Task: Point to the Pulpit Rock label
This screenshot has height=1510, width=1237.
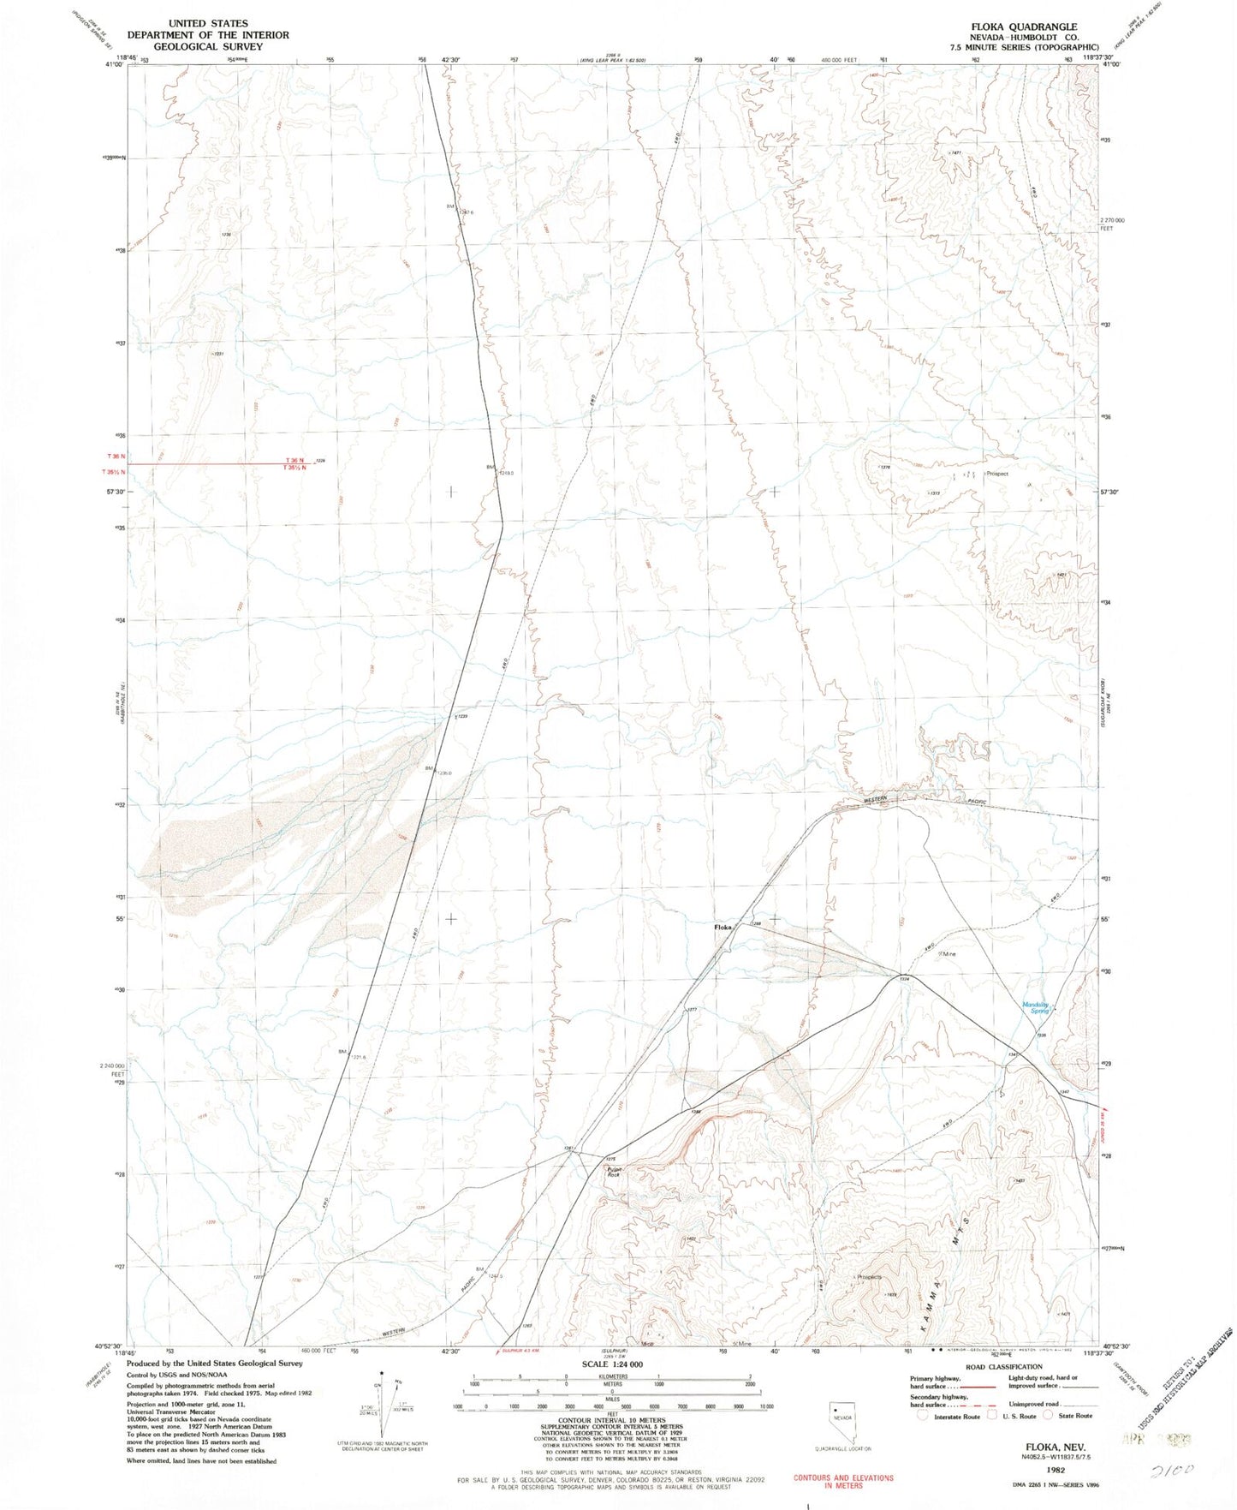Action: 614,1172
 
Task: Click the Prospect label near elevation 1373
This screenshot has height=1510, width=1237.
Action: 997,473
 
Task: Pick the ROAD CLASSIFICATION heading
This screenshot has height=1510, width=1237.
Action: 1003,1367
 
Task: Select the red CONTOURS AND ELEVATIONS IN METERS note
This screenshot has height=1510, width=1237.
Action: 842,1482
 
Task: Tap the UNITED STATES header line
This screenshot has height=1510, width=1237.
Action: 208,23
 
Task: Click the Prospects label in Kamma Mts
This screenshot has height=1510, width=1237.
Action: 869,1277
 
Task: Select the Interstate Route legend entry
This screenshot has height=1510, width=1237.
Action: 950,1417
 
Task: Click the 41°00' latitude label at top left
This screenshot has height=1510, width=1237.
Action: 115,64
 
